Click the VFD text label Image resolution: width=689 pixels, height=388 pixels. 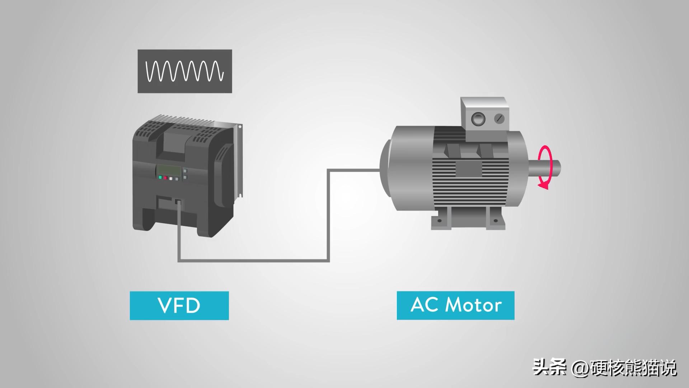point(179,305)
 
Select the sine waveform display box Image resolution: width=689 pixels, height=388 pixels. point(185,71)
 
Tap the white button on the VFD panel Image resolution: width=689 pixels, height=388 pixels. point(171,179)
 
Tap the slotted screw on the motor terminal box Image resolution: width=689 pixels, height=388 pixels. point(499,119)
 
